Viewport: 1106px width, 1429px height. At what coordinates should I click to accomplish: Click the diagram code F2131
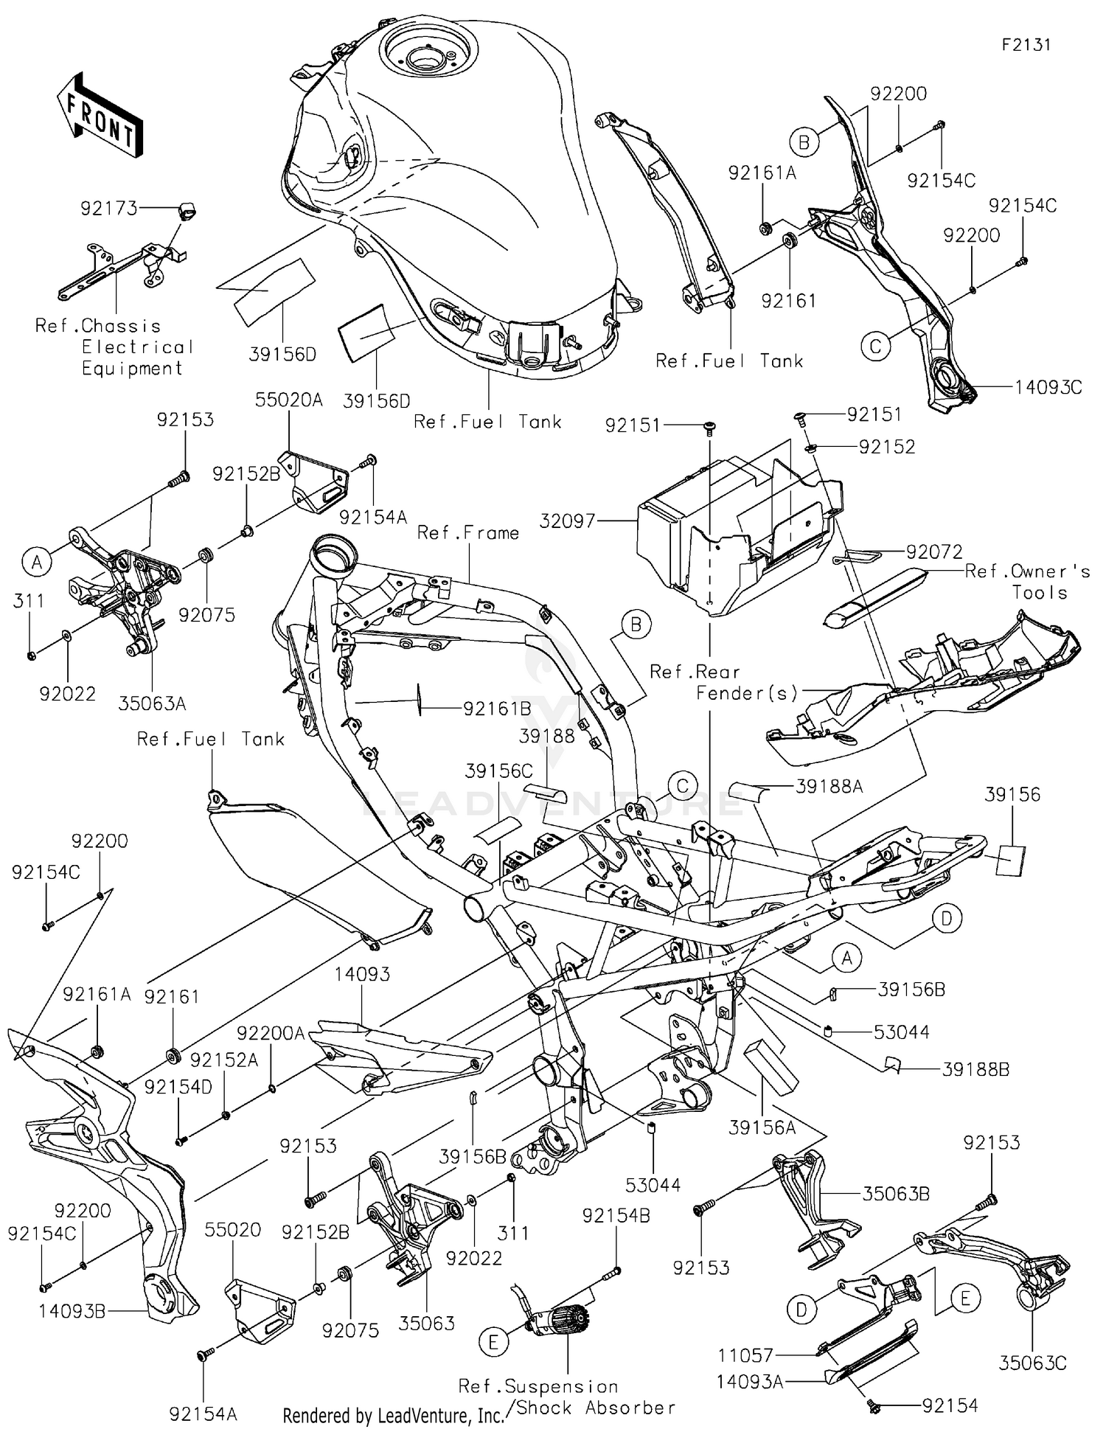pyautogui.click(x=1026, y=45)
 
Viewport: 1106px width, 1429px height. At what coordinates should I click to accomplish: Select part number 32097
pyautogui.click(x=566, y=521)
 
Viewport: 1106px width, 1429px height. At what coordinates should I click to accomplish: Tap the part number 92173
pyautogui.click(x=109, y=209)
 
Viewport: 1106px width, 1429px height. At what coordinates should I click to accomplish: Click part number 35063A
pyautogui.click(x=152, y=703)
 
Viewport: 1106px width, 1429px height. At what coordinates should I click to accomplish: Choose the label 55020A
pyautogui.click(x=289, y=400)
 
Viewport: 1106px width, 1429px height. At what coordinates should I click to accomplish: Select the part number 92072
pyautogui.click(x=934, y=552)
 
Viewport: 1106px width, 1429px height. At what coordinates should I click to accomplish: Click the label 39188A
pyautogui.click(x=829, y=787)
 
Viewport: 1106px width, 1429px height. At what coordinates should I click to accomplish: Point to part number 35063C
pyautogui.click(x=1032, y=1363)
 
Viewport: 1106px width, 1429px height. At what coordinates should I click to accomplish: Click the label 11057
pyautogui.click(x=745, y=1355)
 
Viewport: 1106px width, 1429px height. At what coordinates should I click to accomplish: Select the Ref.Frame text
pyautogui.click(x=467, y=532)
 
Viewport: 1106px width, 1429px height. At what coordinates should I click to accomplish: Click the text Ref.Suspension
pyautogui.click(x=538, y=1387)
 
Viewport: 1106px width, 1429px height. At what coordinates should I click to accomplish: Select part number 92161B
pyautogui.click(x=497, y=709)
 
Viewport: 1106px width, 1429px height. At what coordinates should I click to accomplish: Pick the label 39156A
pyautogui.click(x=762, y=1127)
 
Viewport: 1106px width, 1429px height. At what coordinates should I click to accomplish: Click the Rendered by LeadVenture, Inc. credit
pyautogui.click(x=393, y=1415)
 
